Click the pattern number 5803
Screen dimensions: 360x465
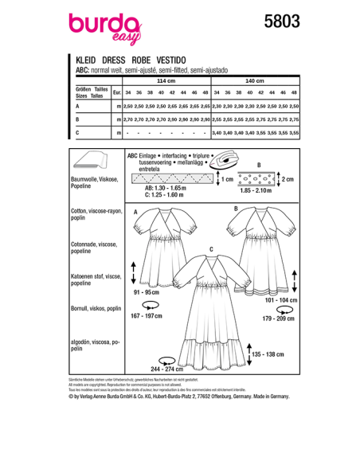[x=280, y=22]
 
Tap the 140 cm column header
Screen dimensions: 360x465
[x=255, y=81]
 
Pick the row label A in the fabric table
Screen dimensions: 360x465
[x=77, y=106]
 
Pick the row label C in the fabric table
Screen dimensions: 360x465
[x=77, y=132]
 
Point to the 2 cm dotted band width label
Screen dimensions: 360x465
[x=290, y=179]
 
